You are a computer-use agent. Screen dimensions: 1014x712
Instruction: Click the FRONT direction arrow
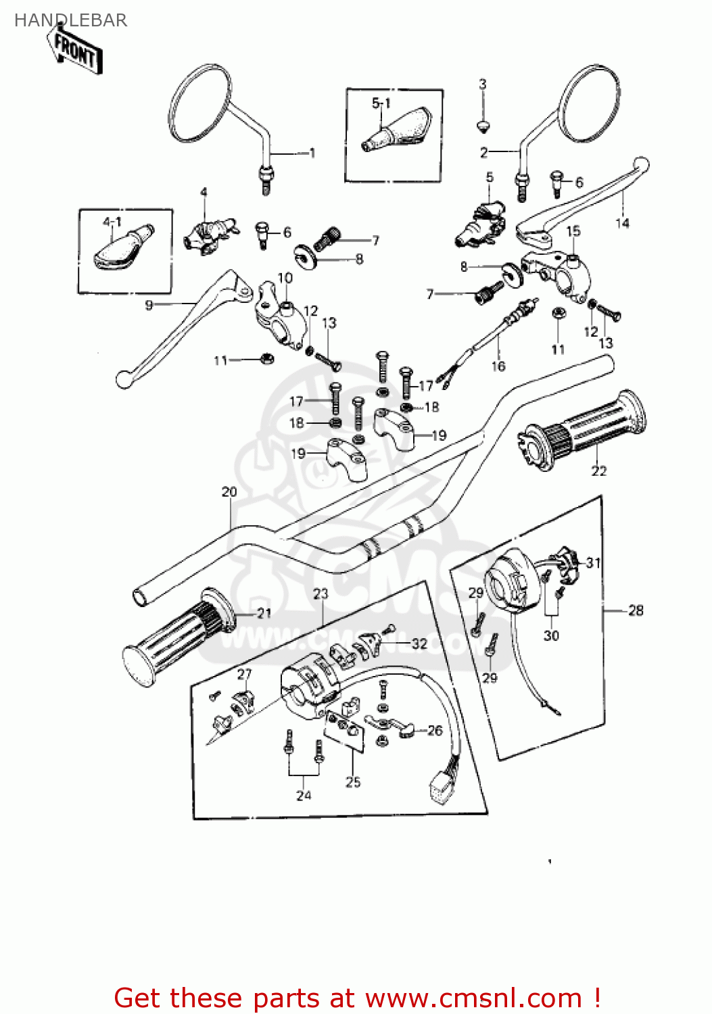click(74, 51)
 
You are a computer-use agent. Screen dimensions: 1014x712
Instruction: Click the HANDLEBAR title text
click(70, 20)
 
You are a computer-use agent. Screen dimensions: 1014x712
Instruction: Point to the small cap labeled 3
click(482, 125)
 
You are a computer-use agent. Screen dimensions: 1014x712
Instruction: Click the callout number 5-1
click(381, 103)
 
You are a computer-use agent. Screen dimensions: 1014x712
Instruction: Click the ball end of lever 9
click(123, 380)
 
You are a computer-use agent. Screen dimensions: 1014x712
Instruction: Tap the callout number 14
click(622, 223)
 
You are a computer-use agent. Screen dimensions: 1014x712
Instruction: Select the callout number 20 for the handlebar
click(229, 492)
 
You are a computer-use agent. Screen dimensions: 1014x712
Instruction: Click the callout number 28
click(636, 610)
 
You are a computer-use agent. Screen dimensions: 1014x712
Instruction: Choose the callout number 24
click(304, 796)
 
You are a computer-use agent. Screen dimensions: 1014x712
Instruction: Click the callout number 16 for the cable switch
click(498, 366)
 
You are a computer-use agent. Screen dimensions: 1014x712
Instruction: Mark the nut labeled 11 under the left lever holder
click(266, 359)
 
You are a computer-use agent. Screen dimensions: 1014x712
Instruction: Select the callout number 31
click(593, 562)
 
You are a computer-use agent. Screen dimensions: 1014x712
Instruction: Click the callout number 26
click(435, 730)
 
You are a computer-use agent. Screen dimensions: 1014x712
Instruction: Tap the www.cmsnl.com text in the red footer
click(473, 998)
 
